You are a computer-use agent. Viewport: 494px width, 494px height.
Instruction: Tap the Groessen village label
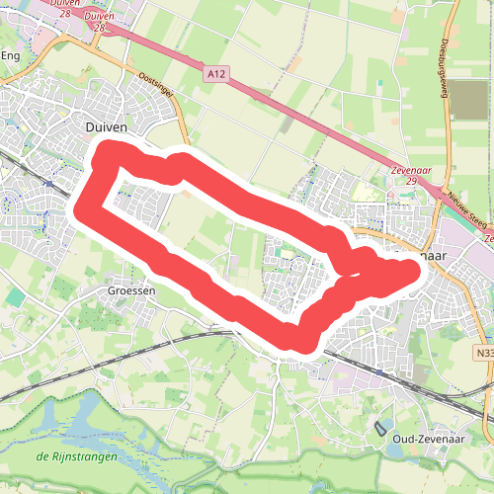point(128,292)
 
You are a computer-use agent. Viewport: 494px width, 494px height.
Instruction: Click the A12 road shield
point(216,73)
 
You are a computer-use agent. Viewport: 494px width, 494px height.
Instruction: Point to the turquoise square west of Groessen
point(15,295)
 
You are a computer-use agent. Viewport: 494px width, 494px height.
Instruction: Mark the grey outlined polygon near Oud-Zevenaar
point(381,429)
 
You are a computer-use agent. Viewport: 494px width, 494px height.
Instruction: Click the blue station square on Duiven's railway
point(49,183)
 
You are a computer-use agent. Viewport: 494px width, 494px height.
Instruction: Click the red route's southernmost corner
point(290,341)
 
